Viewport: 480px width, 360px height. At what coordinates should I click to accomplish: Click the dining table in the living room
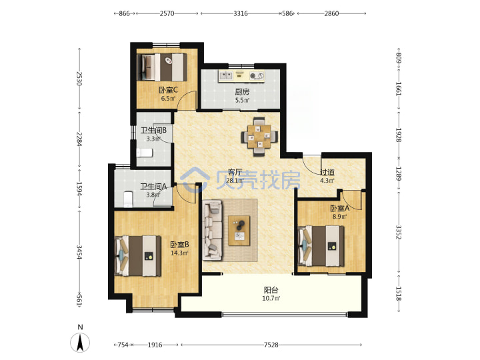[x=259, y=137]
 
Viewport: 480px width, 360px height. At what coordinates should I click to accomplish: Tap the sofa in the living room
[x=212, y=230]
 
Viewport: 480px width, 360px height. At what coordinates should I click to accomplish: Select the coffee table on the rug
[x=239, y=231]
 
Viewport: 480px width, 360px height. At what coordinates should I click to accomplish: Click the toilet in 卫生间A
[x=128, y=199]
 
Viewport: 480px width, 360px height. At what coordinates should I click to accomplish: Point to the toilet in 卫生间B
[x=145, y=153]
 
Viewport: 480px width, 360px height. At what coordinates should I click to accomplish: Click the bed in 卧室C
[x=162, y=67]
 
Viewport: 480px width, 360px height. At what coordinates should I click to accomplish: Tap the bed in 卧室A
[x=321, y=246]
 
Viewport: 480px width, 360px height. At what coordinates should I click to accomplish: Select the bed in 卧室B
[x=138, y=256]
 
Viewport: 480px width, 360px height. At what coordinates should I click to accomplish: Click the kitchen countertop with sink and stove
[x=241, y=76]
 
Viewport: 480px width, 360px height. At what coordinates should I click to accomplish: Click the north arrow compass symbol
[x=80, y=341]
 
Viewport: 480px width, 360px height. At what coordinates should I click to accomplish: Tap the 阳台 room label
[x=271, y=289]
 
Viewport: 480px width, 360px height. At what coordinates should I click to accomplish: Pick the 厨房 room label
[x=242, y=91]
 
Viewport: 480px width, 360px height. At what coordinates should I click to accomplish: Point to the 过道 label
[x=327, y=172]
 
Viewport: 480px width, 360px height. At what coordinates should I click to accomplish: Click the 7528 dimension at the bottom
[x=271, y=345]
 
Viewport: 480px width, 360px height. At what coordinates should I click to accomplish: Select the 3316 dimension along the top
[x=240, y=13]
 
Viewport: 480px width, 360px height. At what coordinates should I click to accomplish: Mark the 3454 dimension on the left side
[x=79, y=252]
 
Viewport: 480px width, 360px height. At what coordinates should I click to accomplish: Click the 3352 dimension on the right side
[x=398, y=233]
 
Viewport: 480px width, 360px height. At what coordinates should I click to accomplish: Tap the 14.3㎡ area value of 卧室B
[x=179, y=253]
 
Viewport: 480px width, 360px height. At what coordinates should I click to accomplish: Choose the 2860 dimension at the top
[x=331, y=13]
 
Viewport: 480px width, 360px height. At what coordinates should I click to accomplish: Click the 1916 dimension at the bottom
[x=155, y=345]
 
